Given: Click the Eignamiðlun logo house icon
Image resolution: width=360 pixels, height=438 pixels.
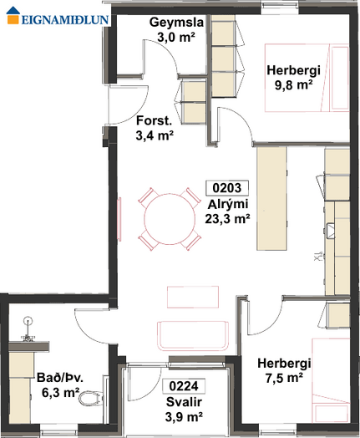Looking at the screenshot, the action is coord(13,15).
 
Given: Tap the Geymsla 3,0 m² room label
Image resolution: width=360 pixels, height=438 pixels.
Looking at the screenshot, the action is coord(176,29).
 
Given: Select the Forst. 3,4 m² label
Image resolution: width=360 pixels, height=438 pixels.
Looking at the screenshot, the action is coord(155,128).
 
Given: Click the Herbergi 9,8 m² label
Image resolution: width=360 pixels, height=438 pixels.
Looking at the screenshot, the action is coord(293,78).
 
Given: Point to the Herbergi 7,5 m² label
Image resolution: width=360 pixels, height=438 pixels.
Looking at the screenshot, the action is coord(284,370).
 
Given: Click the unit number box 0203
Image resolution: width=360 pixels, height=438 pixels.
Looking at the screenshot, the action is coord(227,188).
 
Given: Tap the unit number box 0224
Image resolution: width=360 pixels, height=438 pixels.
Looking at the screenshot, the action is coord(184,386).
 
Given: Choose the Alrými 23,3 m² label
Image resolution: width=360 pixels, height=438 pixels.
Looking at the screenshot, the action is coord(227,211).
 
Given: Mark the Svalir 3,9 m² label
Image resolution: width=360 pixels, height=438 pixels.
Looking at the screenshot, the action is coord(184,410).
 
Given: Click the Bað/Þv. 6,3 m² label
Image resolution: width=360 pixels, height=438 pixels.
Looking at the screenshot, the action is coord(60,385).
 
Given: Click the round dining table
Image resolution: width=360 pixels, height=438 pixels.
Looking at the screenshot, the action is coord(170,219).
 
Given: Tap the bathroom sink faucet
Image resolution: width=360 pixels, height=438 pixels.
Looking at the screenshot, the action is coord(28,329).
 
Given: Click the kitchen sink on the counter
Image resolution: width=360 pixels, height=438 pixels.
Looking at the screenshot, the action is coord(331,231).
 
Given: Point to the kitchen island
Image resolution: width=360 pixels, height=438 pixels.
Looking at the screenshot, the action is coord(271,198).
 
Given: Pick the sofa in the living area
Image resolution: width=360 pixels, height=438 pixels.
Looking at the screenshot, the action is coord(193,336).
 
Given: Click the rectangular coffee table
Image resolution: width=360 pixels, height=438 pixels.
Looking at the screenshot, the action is coord(193,297).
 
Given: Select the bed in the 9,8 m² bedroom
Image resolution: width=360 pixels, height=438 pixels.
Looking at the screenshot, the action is coord(307,78).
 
